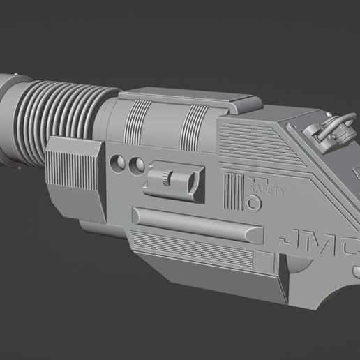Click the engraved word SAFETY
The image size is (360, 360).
click(x=267, y=189)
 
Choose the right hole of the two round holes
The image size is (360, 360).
click(x=138, y=165)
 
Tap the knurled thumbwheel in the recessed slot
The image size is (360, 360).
click(x=166, y=179)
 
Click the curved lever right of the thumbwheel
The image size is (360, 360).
click(x=189, y=183)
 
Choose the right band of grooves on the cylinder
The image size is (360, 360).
click(x=194, y=125)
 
